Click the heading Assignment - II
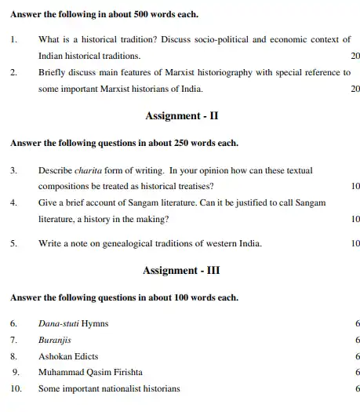181,116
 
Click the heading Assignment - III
181,271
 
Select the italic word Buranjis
54,340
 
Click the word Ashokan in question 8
55,355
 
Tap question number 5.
13,243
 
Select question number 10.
16,388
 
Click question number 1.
13,39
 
